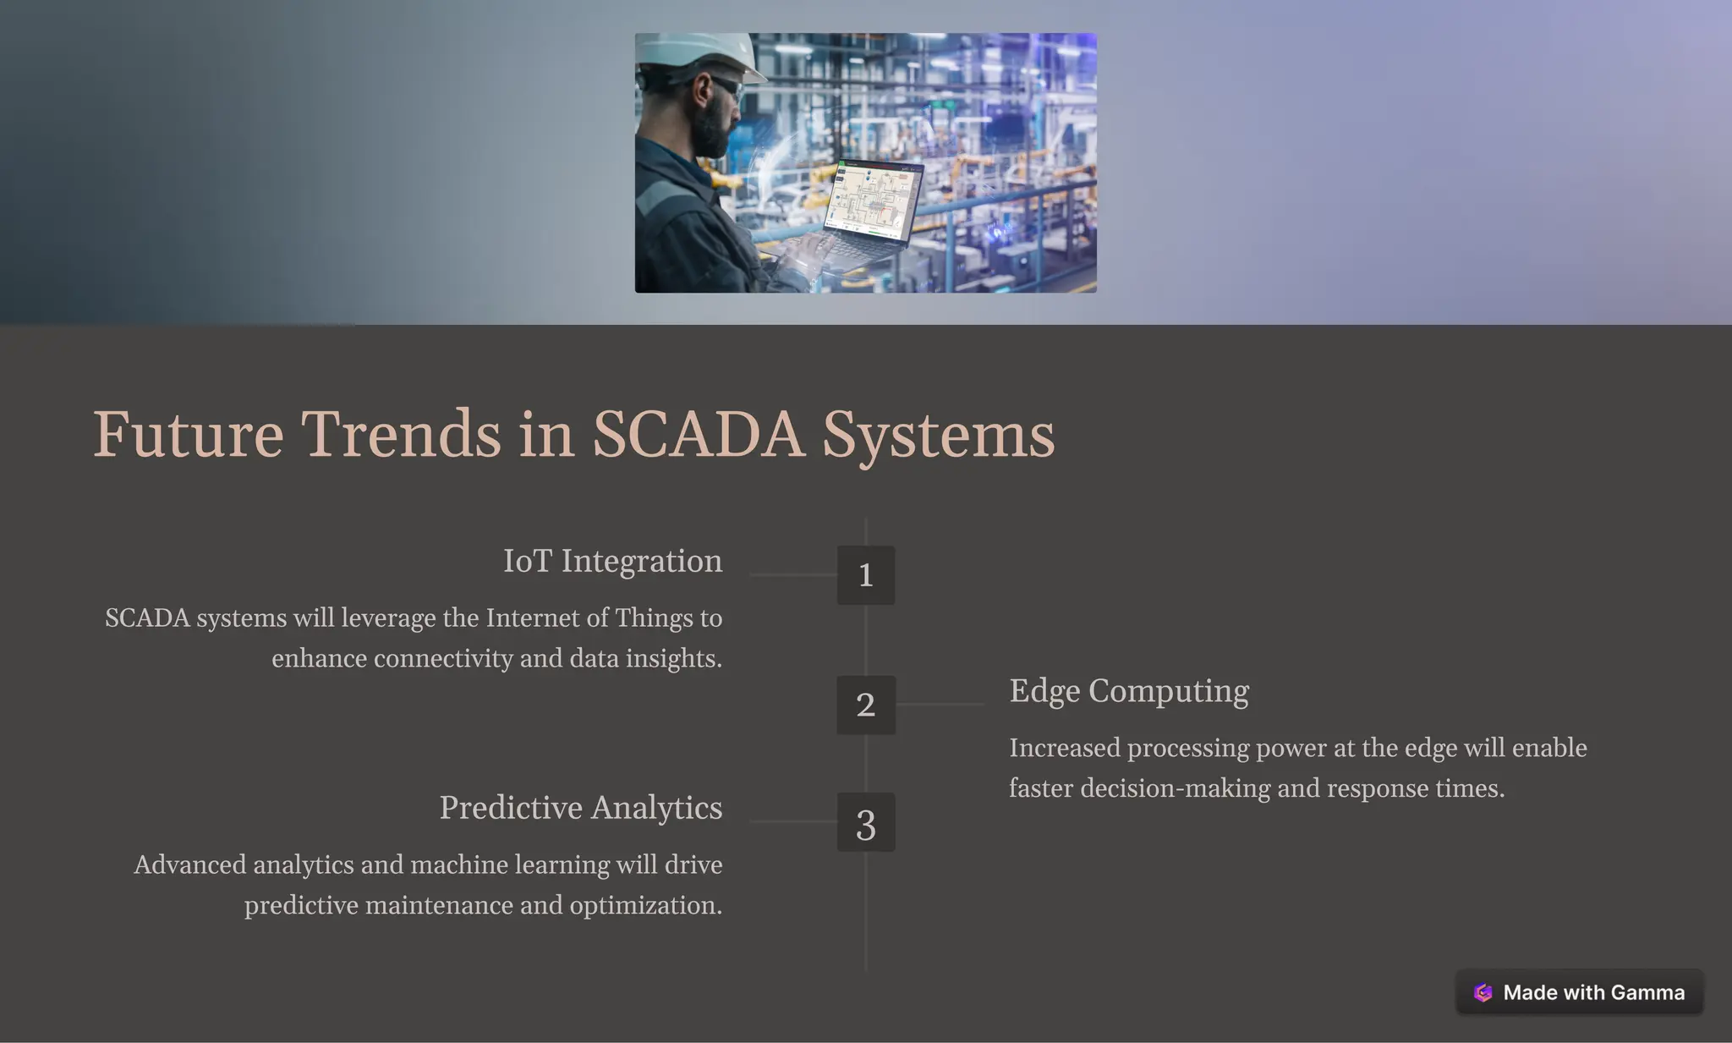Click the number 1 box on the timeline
(x=865, y=575)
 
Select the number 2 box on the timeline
(x=865, y=705)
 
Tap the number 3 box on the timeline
(x=865, y=822)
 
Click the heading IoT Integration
(x=612, y=561)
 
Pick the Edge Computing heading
(x=1128, y=691)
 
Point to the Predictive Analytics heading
(x=580, y=808)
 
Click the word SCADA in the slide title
(x=698, y=434)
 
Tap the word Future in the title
(x=188, y=434)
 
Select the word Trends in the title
(x=401, y=434)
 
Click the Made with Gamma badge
(x=1579, y=992)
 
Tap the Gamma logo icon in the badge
(x=1483, y=993)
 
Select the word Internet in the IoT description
(x=531, y=618)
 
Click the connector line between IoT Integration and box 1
(x=792, y=575)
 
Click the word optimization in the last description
(x=645, y=906)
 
